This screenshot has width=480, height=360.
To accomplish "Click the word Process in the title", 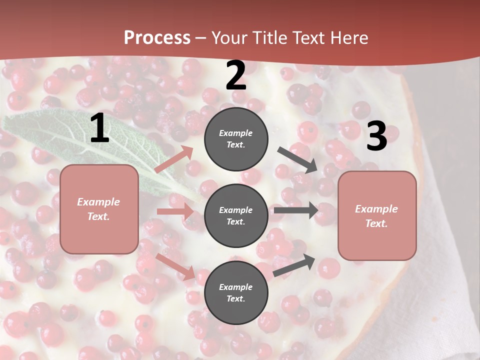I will click(157, 38).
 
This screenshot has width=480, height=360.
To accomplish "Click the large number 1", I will click(99, 128).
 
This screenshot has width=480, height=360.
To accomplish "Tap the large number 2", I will click(236, 75).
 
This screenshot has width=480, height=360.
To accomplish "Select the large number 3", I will click(376, 136).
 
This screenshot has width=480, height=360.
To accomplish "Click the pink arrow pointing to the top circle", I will click(174, 159).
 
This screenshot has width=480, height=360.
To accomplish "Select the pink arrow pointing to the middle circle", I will click(175, 211).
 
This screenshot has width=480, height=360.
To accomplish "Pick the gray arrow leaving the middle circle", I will click(295, 210).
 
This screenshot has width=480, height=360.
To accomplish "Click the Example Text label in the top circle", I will click(236, 139).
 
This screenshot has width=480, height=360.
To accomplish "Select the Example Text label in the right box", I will click(376, 216).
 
